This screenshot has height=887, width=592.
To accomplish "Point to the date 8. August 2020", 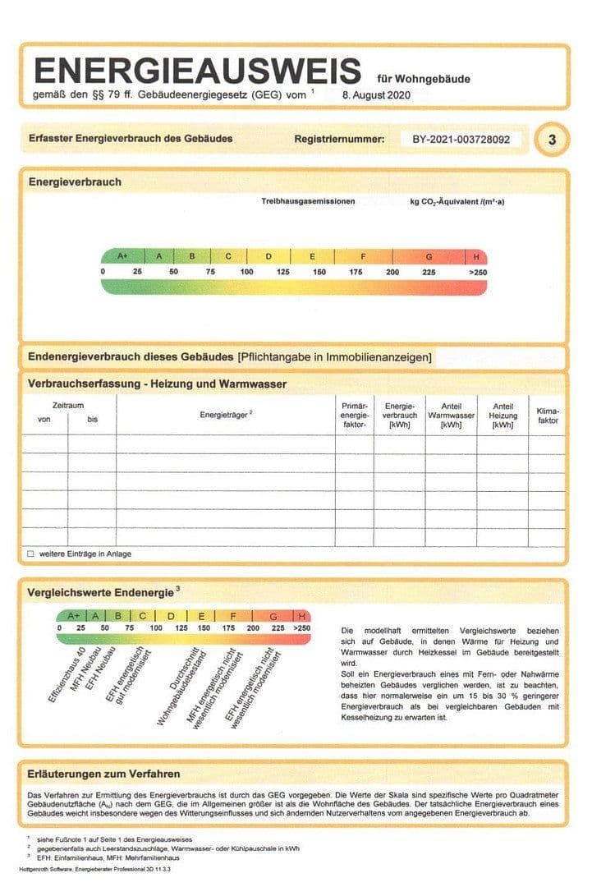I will click(376, 94).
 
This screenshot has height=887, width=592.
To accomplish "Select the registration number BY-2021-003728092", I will click(461, 140).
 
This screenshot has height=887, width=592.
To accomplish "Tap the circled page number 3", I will click(552, 140).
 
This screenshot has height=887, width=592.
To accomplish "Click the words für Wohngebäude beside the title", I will click(424, 80).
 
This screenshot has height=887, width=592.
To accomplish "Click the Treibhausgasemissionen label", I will click(308, 201).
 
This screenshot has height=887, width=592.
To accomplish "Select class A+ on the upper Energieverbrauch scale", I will click(122, 256).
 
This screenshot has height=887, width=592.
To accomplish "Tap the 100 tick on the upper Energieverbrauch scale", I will click(246, 272).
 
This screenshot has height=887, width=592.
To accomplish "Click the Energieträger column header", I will click(226, 415).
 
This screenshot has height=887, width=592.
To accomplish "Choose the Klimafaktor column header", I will click(547, 415).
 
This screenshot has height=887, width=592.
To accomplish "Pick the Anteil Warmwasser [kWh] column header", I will click(451, 415).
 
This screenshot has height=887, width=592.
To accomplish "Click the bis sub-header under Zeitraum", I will click(92, 420).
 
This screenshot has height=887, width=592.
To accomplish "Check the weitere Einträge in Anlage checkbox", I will click(30, 554).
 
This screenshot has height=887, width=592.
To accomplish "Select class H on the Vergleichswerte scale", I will click(302, 615).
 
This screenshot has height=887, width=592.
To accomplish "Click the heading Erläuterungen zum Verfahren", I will click(103, 774).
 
